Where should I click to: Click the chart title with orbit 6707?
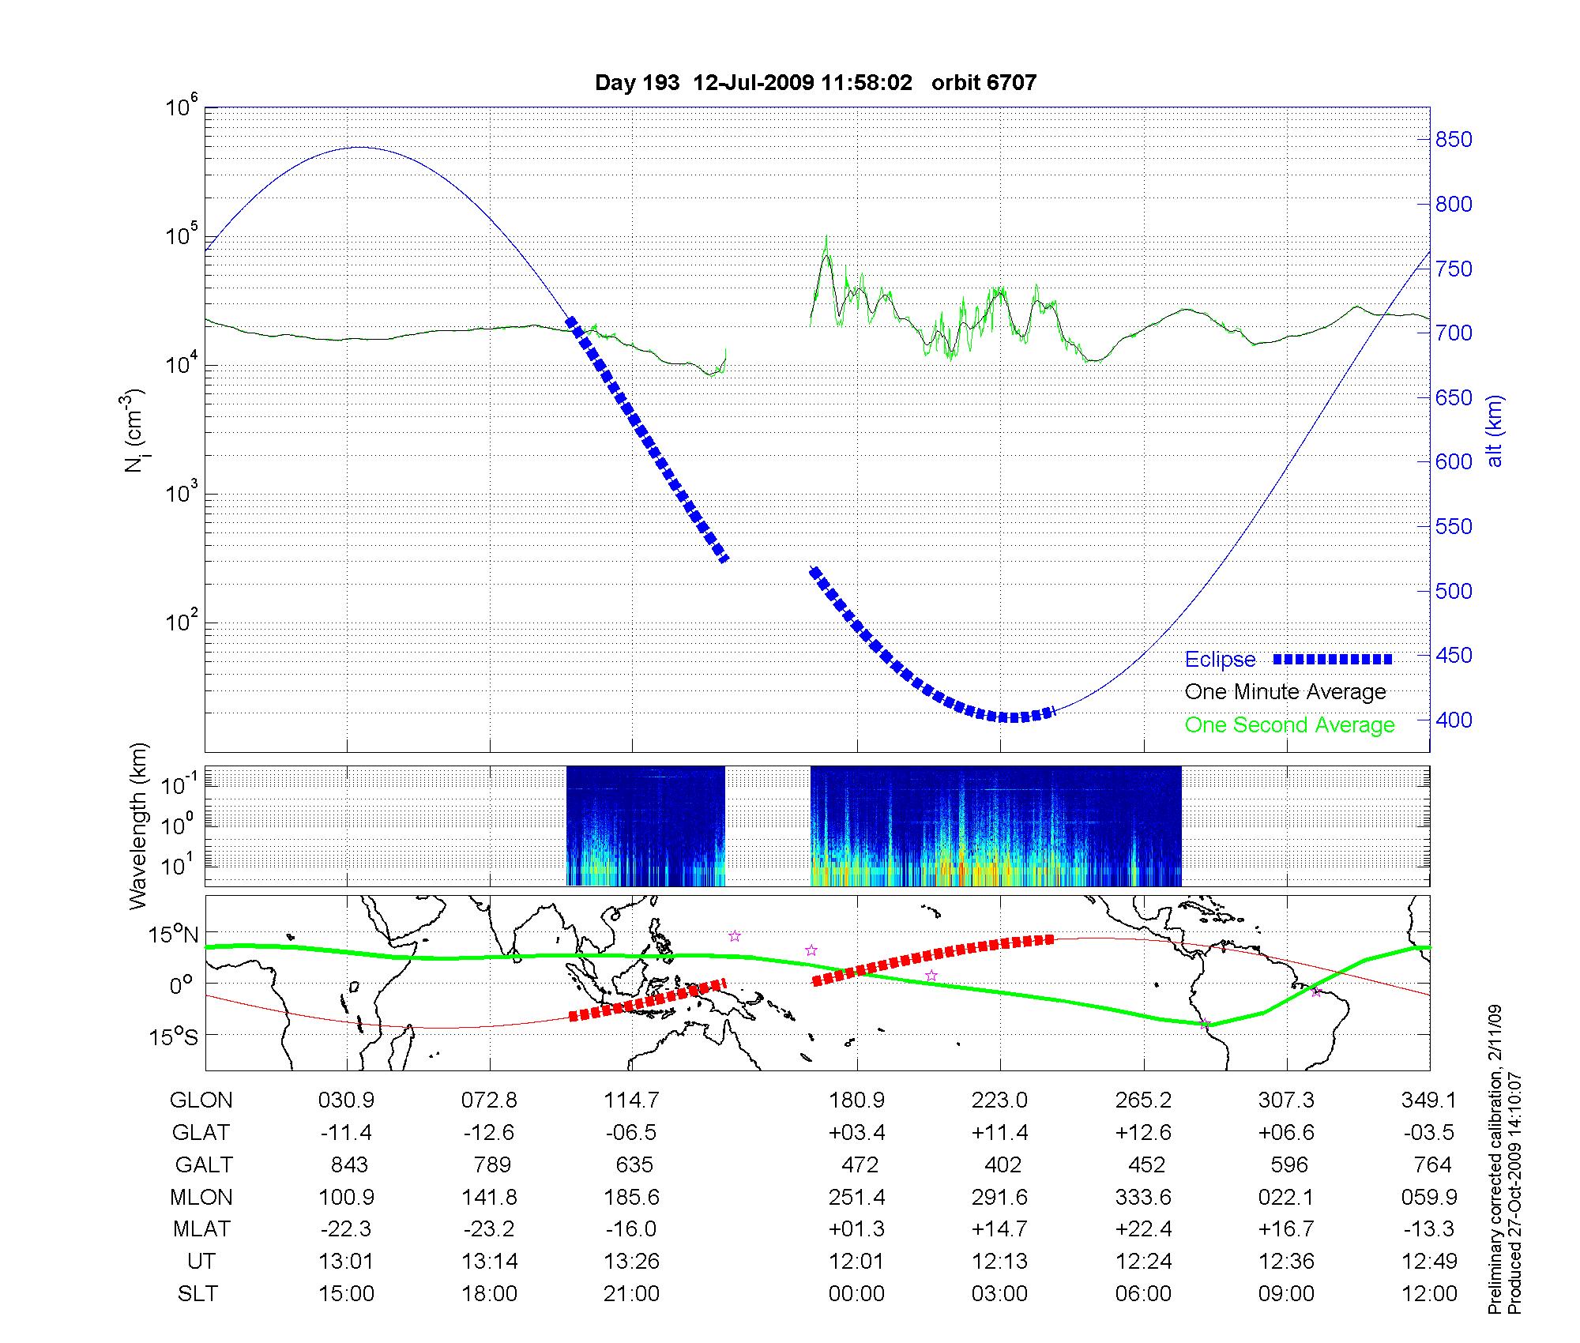pos(815,83)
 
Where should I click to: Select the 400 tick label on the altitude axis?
pos(1454,720)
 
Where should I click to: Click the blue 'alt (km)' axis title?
pos(1495,431)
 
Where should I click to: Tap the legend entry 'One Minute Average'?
pos(1285,692)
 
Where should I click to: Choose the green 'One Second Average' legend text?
pos(1289,725)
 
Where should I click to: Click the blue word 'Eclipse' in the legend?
pos(1220,660)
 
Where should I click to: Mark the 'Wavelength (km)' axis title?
pos(140,826)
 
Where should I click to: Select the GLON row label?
pos(201,1100)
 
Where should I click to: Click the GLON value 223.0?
pos(1000,1100)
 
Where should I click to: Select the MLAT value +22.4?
pos(1143,1229)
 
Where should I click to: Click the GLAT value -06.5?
pos(631,1133)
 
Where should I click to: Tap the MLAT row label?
pos(201,1229)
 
